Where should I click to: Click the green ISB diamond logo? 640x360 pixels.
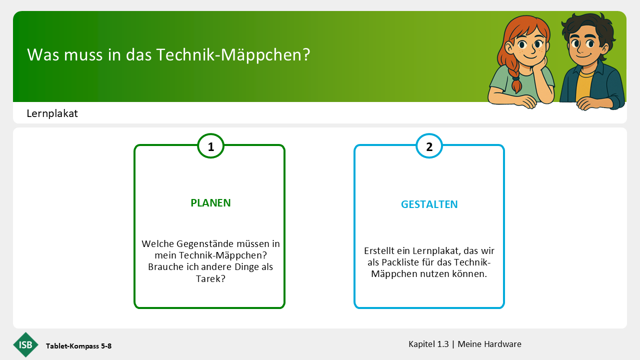[x=25, y=344]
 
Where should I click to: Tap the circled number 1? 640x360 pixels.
[x=210, y=146]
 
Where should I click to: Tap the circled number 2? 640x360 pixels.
[x=429, y=146]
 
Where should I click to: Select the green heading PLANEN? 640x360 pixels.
[x=210, y=203]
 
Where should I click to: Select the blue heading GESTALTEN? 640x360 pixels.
[x=429, y=204]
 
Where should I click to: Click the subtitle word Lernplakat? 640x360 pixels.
[x=52, y=113]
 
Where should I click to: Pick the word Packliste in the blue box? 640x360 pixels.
[x=400, y=262]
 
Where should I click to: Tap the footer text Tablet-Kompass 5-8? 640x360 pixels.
[x=79, y=346]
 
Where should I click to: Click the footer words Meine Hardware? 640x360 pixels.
[x=489, y=344]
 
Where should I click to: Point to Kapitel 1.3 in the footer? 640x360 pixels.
[x=428, y=344]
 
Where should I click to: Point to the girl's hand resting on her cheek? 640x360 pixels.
[x=540, y=66]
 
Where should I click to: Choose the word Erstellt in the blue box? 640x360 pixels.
[x=378, y=251]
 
